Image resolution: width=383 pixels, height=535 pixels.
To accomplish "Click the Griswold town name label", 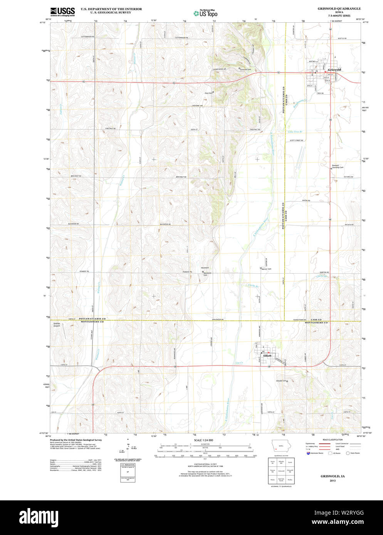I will click(x=334, y=70).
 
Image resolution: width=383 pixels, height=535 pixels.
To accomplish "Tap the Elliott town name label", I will click(x=267, y=356).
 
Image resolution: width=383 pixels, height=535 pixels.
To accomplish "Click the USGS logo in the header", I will click(x=62, y=11).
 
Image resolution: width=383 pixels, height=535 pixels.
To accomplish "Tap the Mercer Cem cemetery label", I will click(x=266, y=269).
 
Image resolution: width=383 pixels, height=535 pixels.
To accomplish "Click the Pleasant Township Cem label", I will click(x=338, y=167).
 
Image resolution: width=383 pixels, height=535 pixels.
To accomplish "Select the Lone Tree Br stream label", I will click(x=295, y=132).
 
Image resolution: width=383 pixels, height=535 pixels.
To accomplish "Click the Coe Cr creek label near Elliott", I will click(x=239, y=363).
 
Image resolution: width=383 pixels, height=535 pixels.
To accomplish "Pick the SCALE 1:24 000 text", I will click(x=203, y=440).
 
